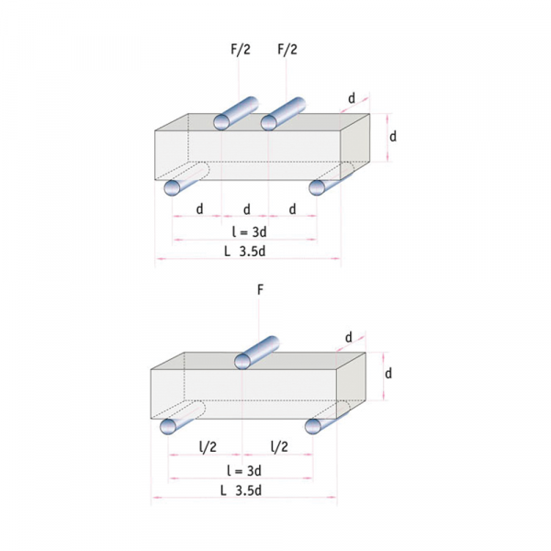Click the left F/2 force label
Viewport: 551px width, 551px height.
coord(241,50)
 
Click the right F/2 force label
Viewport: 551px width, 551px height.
coord(287,50)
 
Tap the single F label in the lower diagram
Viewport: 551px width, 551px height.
coord(260,290)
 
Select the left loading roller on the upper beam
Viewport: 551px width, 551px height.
coord(235,113)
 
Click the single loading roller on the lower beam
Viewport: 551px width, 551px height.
coord(256,353)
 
